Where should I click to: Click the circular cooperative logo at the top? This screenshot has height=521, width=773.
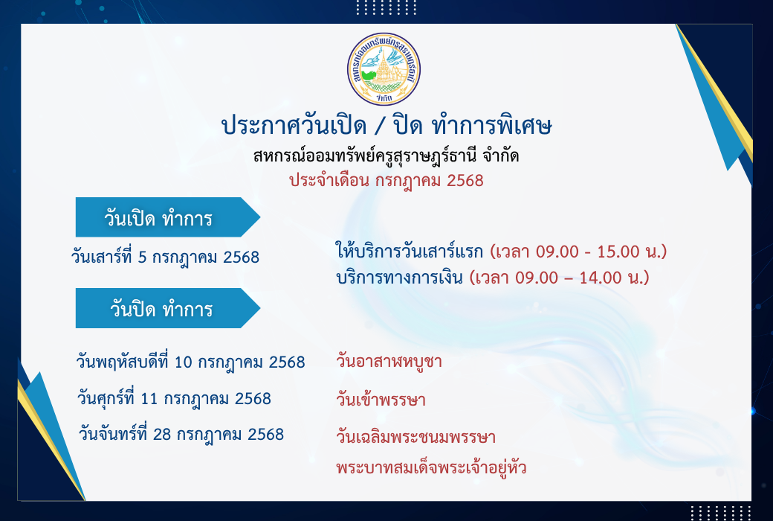(x=384, y=68)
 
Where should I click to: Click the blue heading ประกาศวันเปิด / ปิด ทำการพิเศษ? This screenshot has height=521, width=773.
(x=386, y=126)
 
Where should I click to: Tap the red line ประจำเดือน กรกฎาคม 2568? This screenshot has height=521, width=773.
(x=386, y=181)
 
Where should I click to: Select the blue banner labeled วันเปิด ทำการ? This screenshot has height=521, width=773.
(x=168, y=217)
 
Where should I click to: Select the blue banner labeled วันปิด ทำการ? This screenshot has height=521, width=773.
(x=168, y=308)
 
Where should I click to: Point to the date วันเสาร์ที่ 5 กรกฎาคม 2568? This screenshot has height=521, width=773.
(x=165, y=258)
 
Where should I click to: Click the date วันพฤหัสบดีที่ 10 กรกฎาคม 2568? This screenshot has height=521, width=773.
(x=191, y=362)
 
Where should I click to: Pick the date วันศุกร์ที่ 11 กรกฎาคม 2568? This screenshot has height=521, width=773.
(x=174, y=398)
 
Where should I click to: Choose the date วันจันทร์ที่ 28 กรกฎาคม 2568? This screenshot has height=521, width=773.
(x=181, y=435)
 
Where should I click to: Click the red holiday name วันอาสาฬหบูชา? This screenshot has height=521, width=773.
(x=389, y=362)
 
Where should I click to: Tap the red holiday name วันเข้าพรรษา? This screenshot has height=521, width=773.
(x=381, y=399)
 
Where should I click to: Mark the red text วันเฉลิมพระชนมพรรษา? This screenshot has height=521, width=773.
(x=416, y=437)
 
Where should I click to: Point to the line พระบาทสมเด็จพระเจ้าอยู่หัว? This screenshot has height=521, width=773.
(x=431, y=467)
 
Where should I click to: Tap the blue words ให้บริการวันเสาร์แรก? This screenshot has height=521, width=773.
(x=410, y=252)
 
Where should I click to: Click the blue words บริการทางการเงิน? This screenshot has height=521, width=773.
(x=399, y=278)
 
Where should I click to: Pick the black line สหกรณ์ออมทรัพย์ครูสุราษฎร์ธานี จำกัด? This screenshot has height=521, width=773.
(x=386, y=156)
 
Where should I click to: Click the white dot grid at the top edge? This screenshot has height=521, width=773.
(x=386, y=7)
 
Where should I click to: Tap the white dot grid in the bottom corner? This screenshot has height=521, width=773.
(x=721, y=513)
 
